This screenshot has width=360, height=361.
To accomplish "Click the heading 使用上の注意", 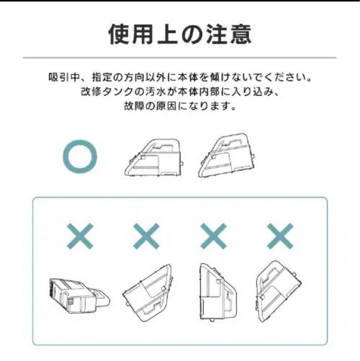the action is point(180,34).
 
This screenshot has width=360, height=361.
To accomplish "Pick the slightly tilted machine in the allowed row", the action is point(227,155).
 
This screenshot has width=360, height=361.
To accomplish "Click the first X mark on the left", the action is point(80,236).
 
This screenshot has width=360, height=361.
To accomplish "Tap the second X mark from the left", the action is point(146,236).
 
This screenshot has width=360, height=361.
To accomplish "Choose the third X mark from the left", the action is point(213,236).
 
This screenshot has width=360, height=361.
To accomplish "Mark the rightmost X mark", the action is point(280,236).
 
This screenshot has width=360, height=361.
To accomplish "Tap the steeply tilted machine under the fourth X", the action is point(279,291).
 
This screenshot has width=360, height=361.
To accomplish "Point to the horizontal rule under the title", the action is point(180,57).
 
